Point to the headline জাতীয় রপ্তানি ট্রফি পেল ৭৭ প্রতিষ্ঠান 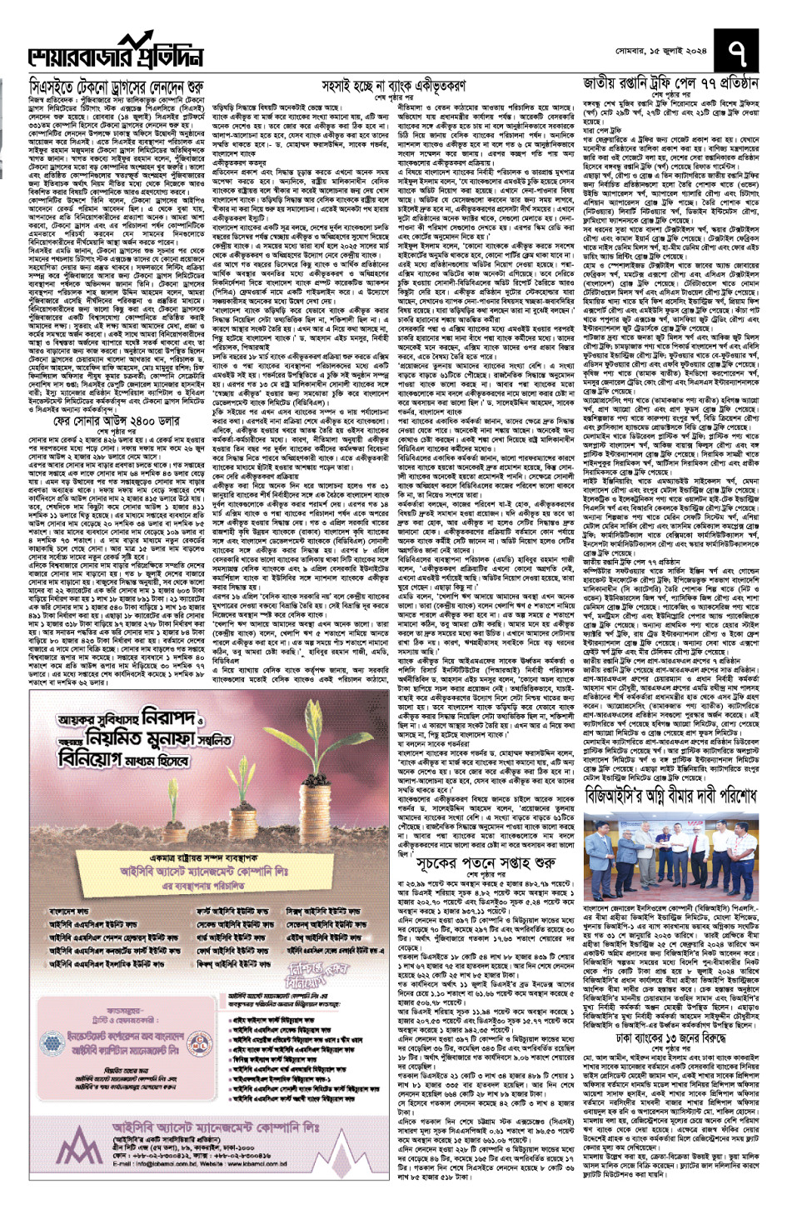coord(670,84)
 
